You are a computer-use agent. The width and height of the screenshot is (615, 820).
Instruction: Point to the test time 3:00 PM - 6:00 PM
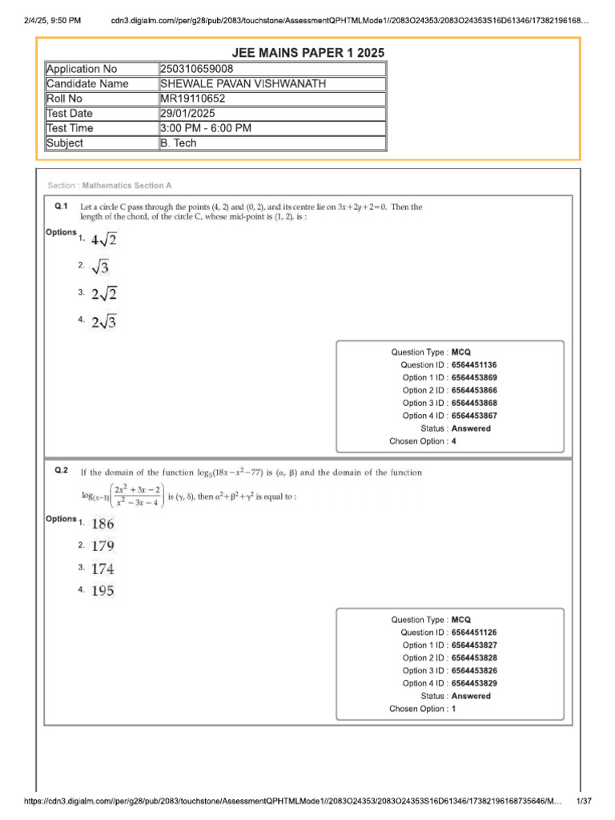pos(206,128)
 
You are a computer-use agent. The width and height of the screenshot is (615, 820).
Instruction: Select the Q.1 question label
pos(61,207)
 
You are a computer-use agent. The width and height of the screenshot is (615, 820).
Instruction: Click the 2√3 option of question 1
pos(104,321)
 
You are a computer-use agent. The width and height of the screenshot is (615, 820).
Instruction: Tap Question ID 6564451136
pos(480,364)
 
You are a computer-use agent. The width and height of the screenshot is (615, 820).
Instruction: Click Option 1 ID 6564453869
pos(480,377)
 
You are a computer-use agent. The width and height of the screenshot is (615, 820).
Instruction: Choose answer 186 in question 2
pos(102,524)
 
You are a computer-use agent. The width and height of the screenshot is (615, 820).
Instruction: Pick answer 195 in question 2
pos(102,591)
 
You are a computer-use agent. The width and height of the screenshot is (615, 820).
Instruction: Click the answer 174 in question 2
pos(102,569)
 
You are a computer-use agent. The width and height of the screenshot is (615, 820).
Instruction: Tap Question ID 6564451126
pos(480,633)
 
